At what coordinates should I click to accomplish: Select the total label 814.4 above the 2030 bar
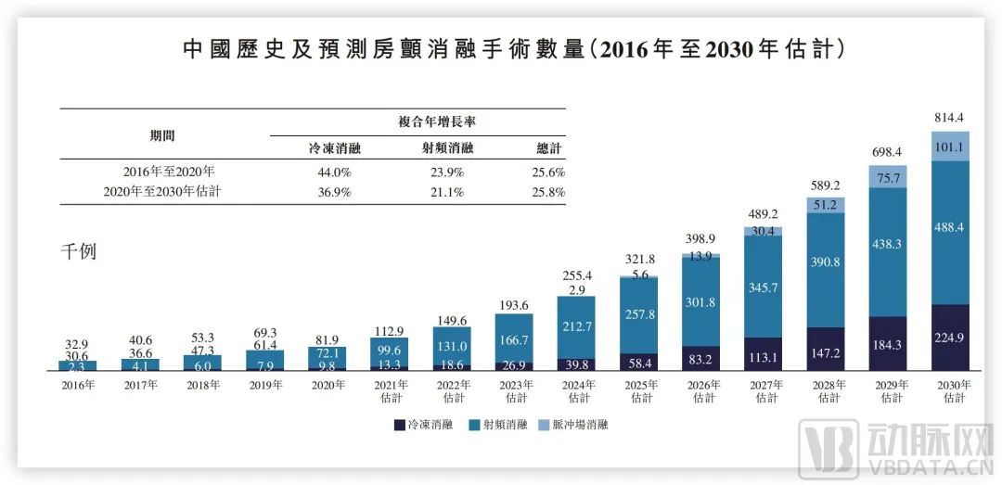click(x=951, y=119)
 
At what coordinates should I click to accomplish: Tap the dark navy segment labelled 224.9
click(x=951, y=337)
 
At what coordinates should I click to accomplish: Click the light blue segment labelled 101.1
click(x=951, y=146)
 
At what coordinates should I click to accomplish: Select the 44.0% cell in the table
click(x=328, y=172)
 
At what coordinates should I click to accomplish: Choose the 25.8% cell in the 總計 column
click(x=548, y=192)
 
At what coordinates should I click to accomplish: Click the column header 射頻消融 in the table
click(x=447, y=148)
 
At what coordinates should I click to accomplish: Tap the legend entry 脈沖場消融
click(x=579, y=425)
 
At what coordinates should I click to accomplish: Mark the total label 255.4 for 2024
click(x=577, y=275)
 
